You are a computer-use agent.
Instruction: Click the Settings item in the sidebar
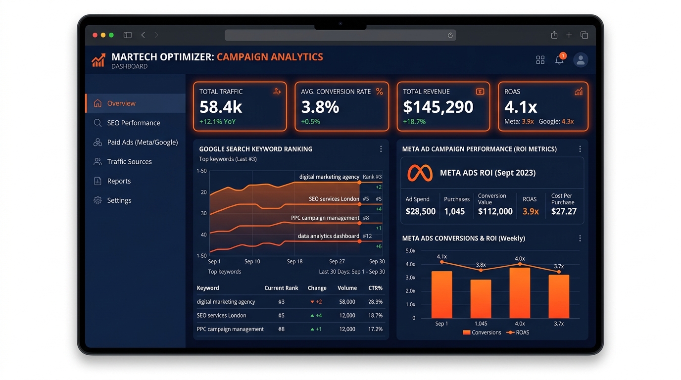[113, 200]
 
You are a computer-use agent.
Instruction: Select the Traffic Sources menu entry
[123, 161]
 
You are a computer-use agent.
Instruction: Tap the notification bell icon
[559, 59]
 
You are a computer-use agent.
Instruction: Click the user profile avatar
[581, 59]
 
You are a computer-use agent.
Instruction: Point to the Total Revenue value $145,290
[438, 107]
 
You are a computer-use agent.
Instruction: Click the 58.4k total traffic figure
[221, 107]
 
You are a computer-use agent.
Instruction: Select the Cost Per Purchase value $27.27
[564, 211]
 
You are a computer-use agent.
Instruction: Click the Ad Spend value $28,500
[421, 211]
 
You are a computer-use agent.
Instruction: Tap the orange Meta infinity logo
[420, 173]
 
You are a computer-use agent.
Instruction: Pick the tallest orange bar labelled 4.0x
[520, 293]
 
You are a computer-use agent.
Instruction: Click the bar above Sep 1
[442, 294]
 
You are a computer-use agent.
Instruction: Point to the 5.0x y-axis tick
[410, 251]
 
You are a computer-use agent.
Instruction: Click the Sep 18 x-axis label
[294, 261]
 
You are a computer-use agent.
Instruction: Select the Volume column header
[347, 288]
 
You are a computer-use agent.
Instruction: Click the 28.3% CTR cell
[375, 301]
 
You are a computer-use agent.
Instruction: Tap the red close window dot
[95, 35]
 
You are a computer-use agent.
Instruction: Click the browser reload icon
[450, 35]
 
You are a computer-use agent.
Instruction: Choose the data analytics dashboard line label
[328, 236]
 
